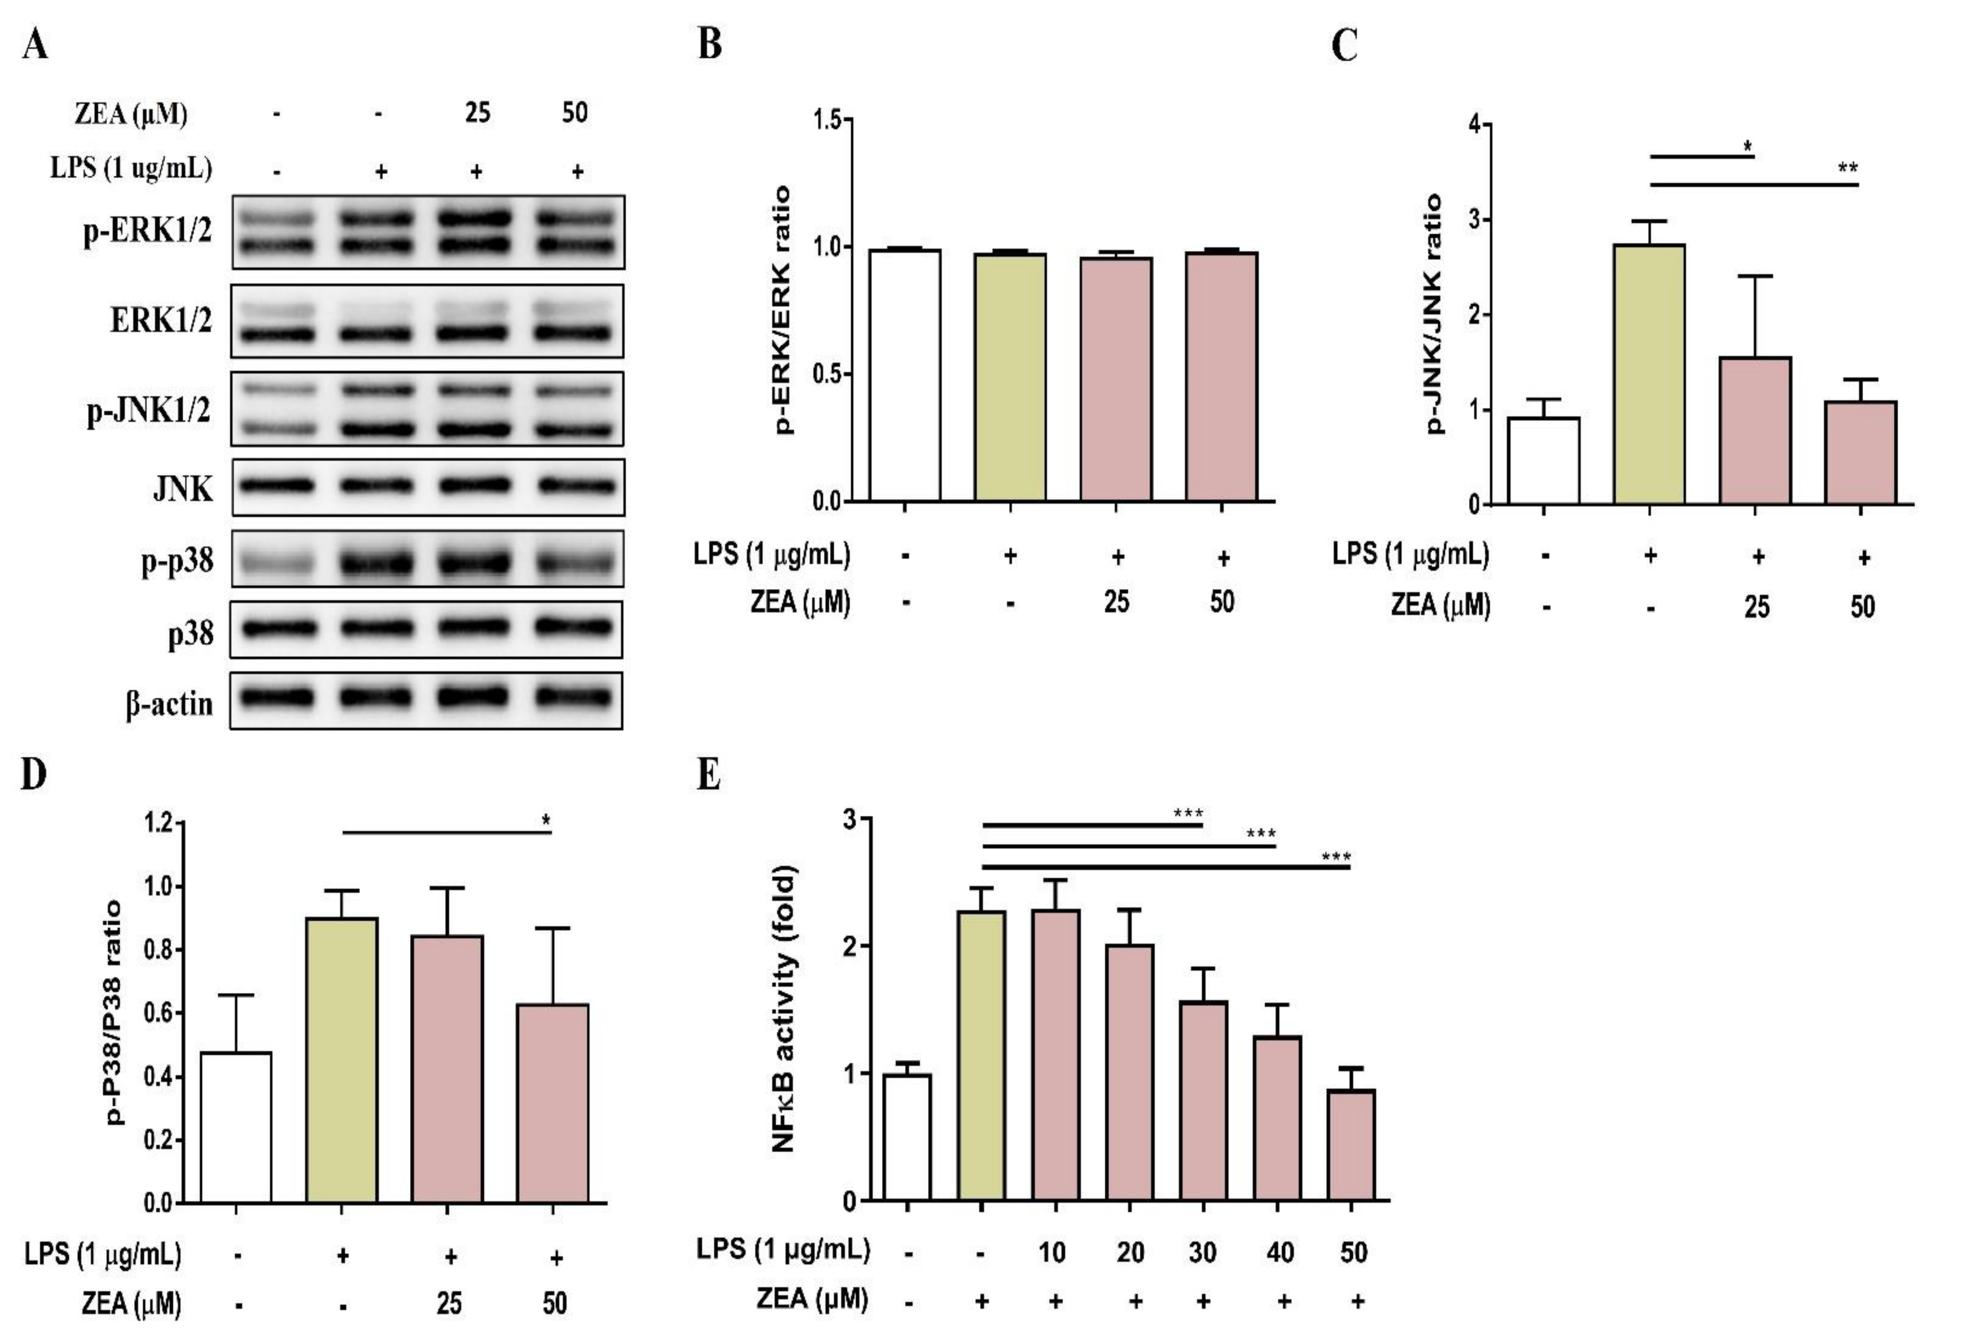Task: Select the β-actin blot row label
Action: tap(169, 703)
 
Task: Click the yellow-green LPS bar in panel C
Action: tap(1649, 374)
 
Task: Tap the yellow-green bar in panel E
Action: tap(982, 1055)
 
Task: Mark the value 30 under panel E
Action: tap(1202, 1251)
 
